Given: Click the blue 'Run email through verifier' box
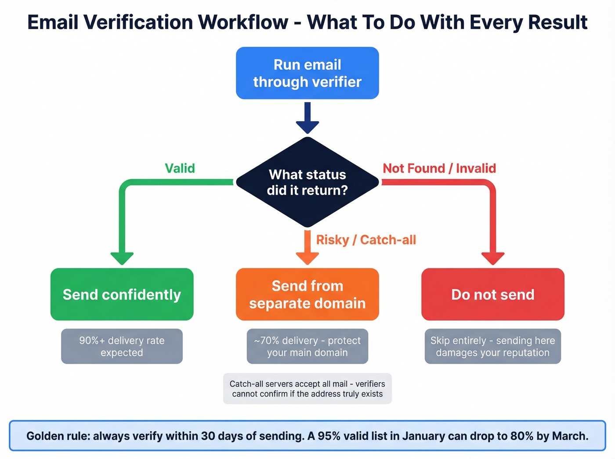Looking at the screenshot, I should [307, 73].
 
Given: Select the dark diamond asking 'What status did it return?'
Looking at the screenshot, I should [307, 182].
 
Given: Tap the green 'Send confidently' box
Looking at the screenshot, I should [122, 294].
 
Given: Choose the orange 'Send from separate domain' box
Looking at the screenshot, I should [307, 294].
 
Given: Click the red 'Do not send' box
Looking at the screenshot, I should [492, 294].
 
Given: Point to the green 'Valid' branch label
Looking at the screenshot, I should [180, 168].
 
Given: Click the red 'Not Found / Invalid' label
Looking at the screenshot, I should [439, 168].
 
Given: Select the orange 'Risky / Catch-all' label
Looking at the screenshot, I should [366, 240].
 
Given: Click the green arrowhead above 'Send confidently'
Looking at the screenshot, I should [122, 258].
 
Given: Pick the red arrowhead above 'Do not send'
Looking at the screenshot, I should [492, 258].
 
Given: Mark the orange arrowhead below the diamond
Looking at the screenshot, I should [307, 258].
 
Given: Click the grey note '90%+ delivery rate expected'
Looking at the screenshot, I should [122, 346].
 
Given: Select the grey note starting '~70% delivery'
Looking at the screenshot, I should [307, 346].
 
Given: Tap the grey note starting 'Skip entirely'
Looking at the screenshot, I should [492, 346].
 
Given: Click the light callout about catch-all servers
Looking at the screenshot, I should [307, 389].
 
